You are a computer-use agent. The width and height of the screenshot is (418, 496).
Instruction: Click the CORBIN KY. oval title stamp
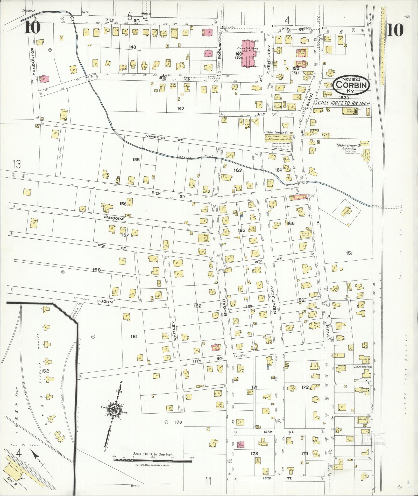[x=351, y=85]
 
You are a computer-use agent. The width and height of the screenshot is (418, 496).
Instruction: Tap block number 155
[x=136, y=159]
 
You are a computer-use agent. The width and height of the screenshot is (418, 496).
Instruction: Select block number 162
[x=197, y=306]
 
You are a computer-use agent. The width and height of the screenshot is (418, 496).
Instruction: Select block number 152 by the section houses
[x=45, y=371]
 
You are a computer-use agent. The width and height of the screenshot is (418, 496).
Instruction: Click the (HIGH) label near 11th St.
[x=240, y=355]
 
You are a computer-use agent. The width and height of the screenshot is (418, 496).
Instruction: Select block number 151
[x=349, y=253]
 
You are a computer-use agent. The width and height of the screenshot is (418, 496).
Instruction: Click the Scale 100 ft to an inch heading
[x=342, y=103]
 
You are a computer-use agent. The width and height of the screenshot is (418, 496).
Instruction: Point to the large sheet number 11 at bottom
[x=208, y=481]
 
